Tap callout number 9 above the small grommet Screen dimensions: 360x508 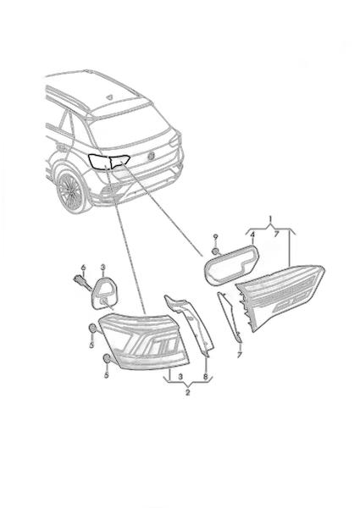[x=215, y=237]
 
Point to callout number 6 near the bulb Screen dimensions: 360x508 [x=83, y=267]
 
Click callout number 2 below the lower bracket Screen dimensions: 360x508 [x=187, y=393]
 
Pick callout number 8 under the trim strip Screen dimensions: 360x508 [x=206, y=377]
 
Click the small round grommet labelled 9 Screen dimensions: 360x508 [x=215, y=251]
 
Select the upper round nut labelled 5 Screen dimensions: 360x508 [x=91, y=329]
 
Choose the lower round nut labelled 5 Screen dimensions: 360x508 [x=106, y=358]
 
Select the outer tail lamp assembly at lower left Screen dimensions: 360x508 [x=144, y=341]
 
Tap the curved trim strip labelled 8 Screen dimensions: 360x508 [x=190, y=323]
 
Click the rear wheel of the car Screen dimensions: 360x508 [x=70, y=190]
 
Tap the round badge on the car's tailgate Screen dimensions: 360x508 [x=152, y=155]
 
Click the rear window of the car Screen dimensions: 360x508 [x=130, y=127]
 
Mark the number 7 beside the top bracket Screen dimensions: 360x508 [x=276, y=235]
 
